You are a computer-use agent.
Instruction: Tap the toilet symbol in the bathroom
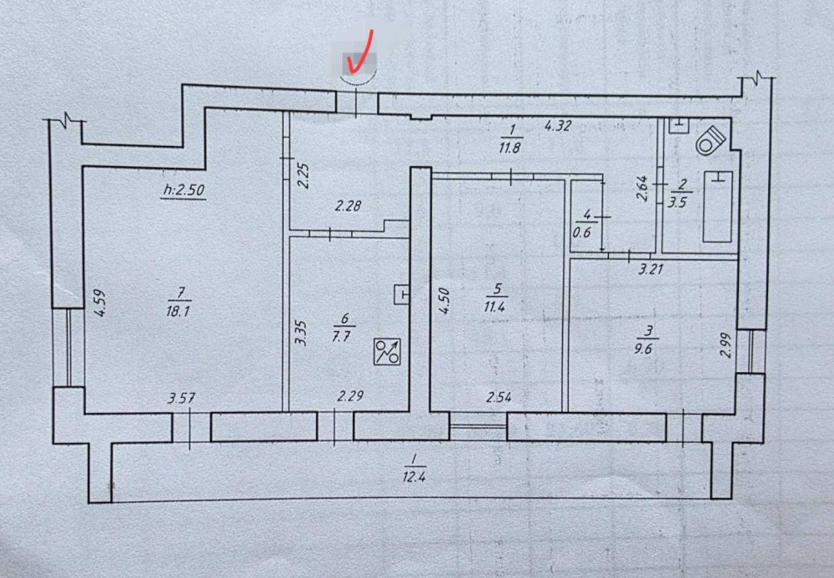pyautogui.click(x=711, y=140)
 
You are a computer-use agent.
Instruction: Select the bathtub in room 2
pyautogui.click(x=717, y=206)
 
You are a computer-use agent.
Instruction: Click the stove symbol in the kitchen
pyautogui.click(x=387, y=351)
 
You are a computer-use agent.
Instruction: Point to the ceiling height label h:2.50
pyautogui.click(x=183, y=189)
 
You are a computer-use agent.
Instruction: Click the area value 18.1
pyautogui.click(x=178, y=311)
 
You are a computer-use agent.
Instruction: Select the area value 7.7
pyautogui.click(x=340, y=336)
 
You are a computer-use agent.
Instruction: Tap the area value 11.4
pyautogui.click(x=494, y=307)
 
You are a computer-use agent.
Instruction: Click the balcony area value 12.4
pyautogui.click(x=414, y=476)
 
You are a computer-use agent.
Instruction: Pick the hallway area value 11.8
pyautogui.click(x=509, y=148)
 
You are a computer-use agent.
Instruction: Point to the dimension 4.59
pyautogui.click(x=100, y=303)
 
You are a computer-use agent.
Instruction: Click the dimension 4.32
pyautogui.click(x=557, y=126)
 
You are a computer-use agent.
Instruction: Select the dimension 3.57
pyautogui.click(x=181, y=398)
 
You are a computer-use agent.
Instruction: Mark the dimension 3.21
pyautogui.click(x=650, y=269)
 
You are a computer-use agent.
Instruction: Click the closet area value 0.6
pyautogui.click(x=582, y=233)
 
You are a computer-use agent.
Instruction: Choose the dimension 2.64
pyautogui.click(x=642, y=188)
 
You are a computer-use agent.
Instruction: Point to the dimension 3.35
pyautogui.click(x=301, y=333)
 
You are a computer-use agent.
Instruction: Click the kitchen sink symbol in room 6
pyautogui.click(x=402, y=294)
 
